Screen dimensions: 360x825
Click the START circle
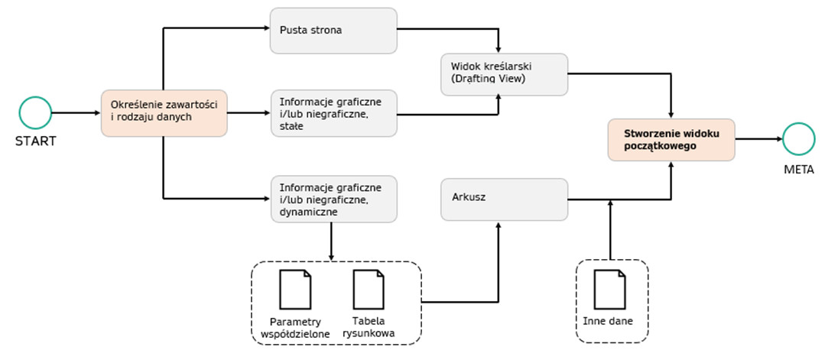[x=34, y=113]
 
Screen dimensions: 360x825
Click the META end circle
[x=797, y=139]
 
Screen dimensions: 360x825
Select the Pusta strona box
[x=333, y=31]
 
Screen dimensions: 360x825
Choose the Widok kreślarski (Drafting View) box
[x=505, y=74]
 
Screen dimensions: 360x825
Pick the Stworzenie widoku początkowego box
[x=671, y=139]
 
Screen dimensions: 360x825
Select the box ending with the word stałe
[x=333, y=113]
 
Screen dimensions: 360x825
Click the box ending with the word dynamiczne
[x=333, y=199]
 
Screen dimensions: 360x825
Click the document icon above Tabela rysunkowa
[x=369, y=289]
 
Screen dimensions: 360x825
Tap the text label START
[x=35, y=141]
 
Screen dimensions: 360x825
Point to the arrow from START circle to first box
[x=75, y=113]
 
